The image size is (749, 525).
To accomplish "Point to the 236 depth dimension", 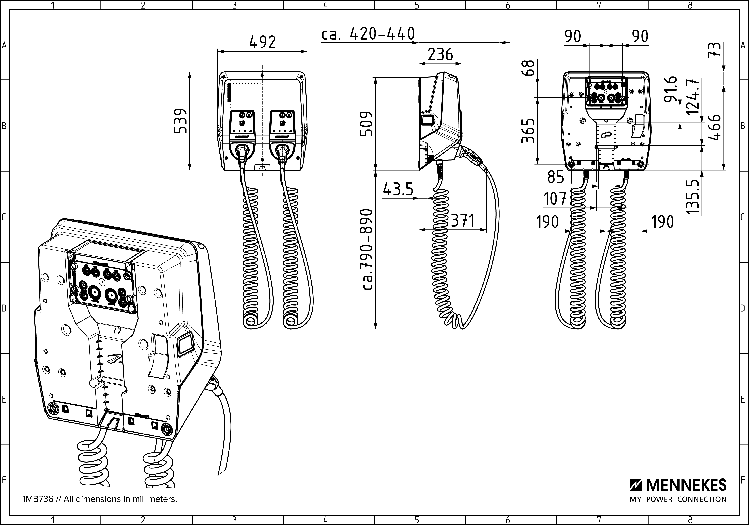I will tap(440, 55).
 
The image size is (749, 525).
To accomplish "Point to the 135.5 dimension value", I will tap(694, 196).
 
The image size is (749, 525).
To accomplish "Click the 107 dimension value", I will tap(555, 199).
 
